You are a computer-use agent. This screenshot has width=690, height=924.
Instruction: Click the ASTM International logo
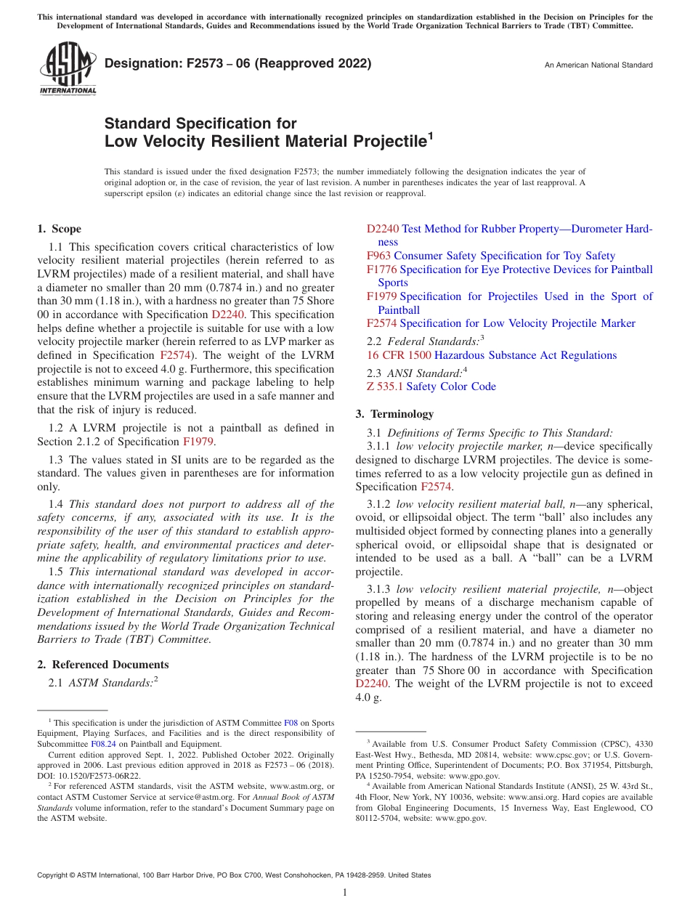tap(67, 70)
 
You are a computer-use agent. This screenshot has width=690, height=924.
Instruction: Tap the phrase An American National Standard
tap(598, 65)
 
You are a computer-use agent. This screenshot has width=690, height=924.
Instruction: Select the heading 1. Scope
tap(60, 229)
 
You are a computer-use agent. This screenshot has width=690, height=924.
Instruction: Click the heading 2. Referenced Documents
tap(102, 665)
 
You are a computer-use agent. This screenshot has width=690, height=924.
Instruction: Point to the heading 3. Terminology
tap(394, 414)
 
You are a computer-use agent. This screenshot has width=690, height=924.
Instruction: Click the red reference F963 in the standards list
tap(378, 256)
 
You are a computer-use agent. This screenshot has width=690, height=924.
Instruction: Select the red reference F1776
tap(381, 269)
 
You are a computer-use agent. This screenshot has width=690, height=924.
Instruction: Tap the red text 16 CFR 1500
tap(399, 355)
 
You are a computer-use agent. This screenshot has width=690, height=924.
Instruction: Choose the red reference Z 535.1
tap(385, 386)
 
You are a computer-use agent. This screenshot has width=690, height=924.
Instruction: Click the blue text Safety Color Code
tap(451, 386)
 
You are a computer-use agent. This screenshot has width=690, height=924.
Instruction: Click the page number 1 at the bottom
tap(345, 893)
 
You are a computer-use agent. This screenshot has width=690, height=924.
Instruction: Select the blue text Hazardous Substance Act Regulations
tap(525, 355)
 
